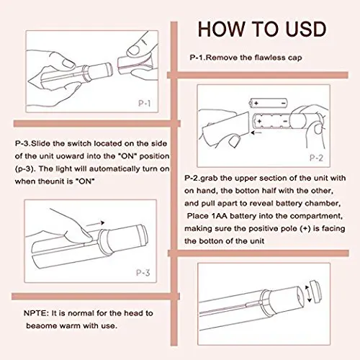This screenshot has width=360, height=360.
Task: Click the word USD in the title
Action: coord(302,30)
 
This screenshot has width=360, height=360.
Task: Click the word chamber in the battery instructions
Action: coord(339,202)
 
